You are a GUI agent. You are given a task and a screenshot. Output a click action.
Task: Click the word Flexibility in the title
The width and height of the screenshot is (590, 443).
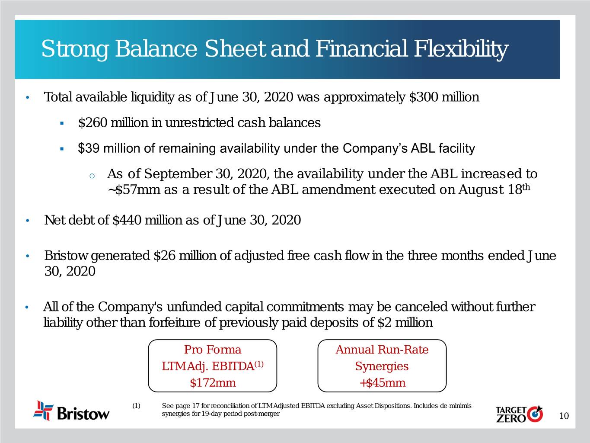coord(461,49)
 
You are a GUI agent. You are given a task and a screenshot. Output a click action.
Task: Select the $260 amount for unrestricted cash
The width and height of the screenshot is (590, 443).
coord(93,123)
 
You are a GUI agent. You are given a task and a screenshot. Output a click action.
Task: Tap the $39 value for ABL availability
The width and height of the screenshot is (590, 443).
coord(89,148)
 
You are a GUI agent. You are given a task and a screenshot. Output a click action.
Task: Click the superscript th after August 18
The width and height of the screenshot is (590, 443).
coord(526,187)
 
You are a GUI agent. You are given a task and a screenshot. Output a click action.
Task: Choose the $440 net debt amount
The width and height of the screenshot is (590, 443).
coord(127,220)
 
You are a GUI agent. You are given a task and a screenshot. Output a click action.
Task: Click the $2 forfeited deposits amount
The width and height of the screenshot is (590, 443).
coord(384,322)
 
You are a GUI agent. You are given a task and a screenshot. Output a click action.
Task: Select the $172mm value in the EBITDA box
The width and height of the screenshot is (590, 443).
coord(213,382)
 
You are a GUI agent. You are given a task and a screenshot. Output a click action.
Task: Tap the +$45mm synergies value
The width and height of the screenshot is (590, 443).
coord(382,382)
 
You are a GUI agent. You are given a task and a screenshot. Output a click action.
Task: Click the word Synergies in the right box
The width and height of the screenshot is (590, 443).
coord(382,366)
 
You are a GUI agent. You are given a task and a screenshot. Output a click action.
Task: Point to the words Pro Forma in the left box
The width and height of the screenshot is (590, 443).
coord(213,350)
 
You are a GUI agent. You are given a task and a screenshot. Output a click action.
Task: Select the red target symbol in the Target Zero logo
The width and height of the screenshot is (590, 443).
coord(535,414)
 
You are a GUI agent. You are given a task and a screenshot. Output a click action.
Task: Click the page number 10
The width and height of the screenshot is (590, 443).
coord(564,416)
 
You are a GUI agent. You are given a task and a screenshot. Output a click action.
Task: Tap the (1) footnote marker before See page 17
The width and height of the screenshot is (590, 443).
coord(136,406)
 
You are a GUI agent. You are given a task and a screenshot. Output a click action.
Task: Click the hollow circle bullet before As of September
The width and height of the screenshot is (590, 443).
coord(92,176)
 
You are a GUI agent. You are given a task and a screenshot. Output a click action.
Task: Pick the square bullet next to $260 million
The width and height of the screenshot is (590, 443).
coord(62,123)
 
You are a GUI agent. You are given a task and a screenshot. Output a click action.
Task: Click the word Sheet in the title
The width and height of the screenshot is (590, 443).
coord(236,49)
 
